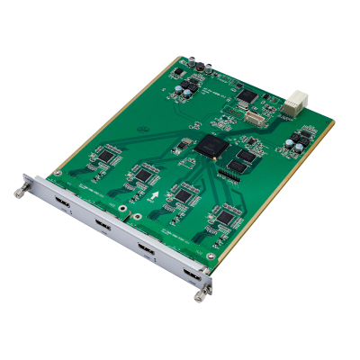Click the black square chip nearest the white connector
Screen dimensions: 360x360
point(247,94)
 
